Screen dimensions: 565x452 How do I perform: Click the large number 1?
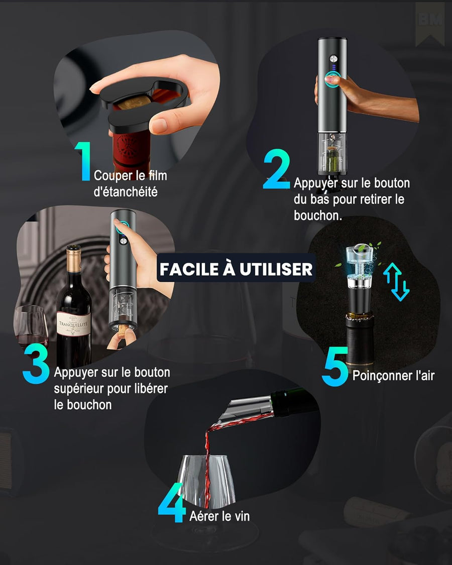pos(83,161)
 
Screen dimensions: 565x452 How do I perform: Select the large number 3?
pos(36,365)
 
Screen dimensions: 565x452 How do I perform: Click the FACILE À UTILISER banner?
pos(236,269)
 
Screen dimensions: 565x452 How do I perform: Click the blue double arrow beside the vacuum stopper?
pos(397,282)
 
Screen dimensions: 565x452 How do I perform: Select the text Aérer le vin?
pos(219,516)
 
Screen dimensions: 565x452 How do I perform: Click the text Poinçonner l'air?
pos(393,375)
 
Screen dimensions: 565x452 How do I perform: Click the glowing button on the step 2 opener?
pos(331,78)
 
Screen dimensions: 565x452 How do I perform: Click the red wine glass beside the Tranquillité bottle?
pos(31,326)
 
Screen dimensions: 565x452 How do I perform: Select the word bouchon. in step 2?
pos(318,215)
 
